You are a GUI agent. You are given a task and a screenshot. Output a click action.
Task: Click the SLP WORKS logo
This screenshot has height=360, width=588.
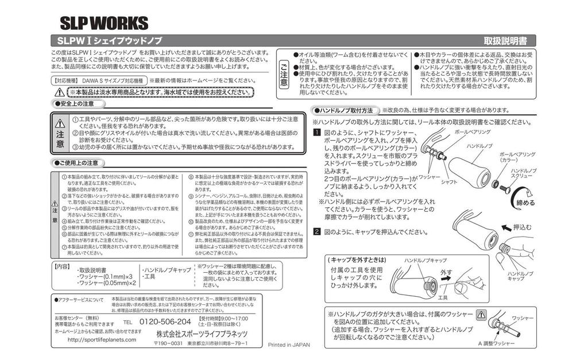click(104, 23)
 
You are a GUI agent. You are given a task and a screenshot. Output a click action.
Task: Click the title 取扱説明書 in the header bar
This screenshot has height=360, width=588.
click(509, 41)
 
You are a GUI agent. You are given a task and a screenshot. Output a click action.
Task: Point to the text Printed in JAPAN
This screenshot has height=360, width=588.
click(289, 345)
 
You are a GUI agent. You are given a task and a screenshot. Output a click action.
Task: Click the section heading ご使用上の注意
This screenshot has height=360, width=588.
click(80, 163)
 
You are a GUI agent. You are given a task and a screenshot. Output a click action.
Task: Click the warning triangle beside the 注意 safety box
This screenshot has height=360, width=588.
click(60, 123)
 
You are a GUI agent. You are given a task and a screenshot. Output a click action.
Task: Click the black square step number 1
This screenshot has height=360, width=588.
click(316, 132)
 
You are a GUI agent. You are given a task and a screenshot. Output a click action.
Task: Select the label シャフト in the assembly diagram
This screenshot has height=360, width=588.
click(449, 182)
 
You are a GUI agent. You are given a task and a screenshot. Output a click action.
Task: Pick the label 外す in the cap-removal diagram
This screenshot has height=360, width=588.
click(446, 271)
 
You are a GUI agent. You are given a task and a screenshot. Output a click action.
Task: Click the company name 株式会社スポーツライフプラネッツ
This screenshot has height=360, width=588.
click(202, 334)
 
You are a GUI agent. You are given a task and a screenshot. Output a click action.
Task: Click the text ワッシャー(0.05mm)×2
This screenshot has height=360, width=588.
click(107, 283)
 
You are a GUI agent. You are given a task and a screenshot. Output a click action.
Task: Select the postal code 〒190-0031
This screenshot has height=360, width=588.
click(168, 343)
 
